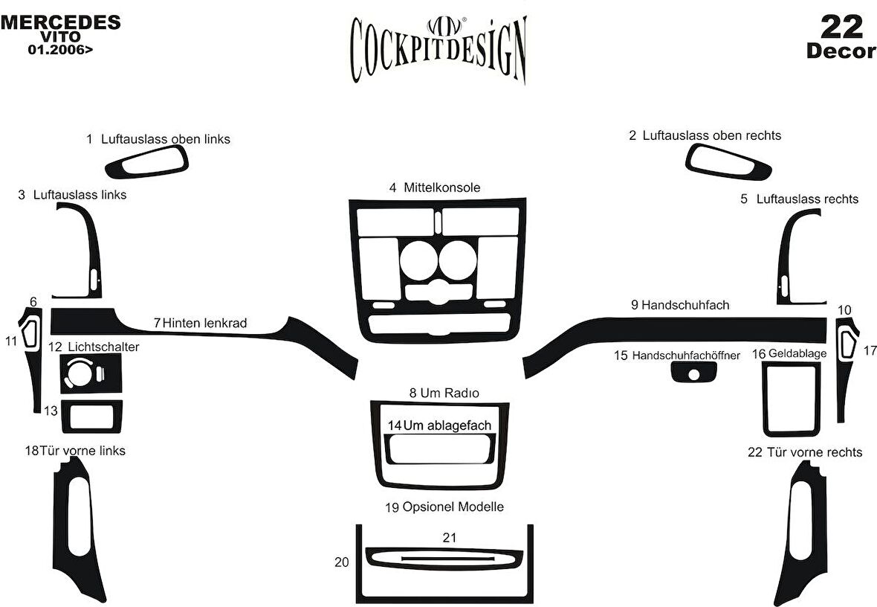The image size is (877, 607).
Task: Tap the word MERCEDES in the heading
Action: [60, 22]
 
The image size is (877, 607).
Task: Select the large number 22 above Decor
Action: [841, 28]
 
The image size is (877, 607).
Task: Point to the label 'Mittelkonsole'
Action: [441, 187]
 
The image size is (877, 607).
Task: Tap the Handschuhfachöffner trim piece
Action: [693, 372]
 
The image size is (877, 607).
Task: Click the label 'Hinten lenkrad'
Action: [204, 323]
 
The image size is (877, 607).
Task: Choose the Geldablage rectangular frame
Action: [791, 399]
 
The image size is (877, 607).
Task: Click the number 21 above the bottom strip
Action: [449, 537]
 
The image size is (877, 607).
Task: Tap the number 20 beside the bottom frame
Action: [342, 562]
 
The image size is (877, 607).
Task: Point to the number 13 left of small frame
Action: [51, 411]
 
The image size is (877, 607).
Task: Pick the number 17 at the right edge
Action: [870, 350]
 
